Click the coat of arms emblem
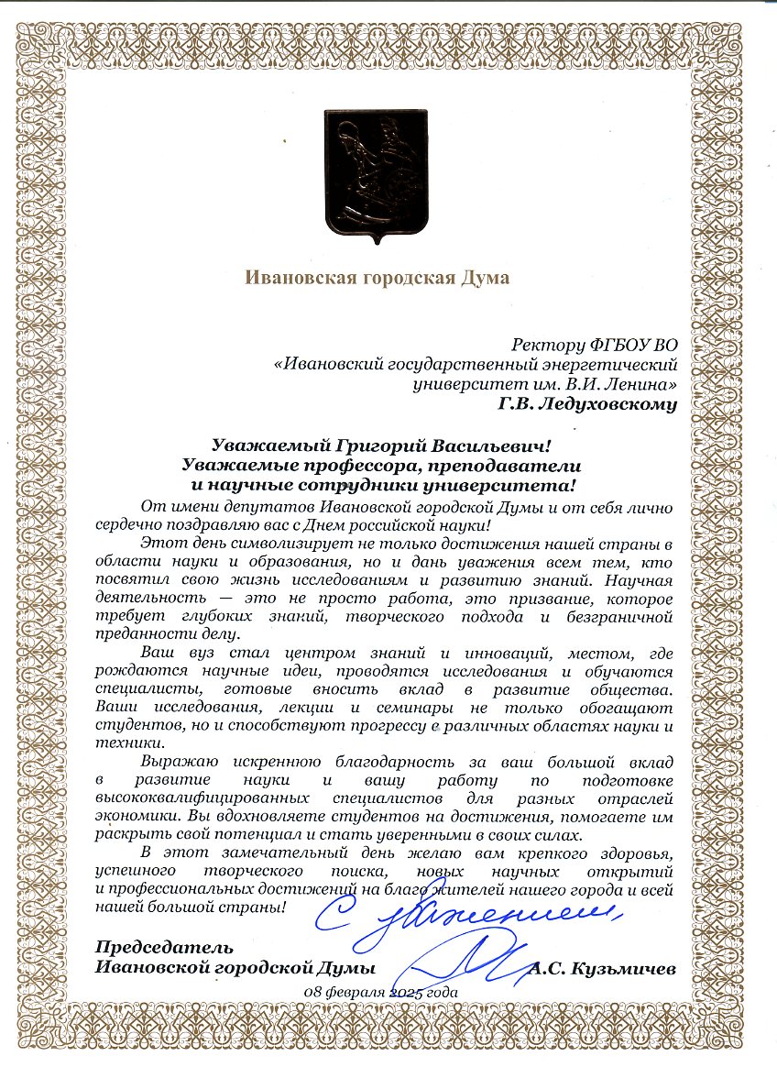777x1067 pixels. click(x=375, y=175)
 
